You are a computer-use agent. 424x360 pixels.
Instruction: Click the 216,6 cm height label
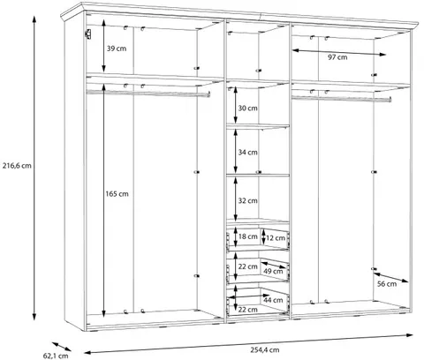[x=17, y=166]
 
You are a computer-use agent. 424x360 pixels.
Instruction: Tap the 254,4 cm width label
[x=265, y=350]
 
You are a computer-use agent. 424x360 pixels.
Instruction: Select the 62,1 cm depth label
[x=56, y=356]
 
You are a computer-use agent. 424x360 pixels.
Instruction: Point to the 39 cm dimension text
[x=117, y=49]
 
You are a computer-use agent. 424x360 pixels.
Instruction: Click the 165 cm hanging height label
[x=117, y=194]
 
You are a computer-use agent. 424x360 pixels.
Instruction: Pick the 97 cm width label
[x=337, y=57]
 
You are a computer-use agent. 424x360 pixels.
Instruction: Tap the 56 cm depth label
[x=387, y=284]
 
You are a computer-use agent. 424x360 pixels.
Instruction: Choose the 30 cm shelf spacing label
[x=247, y=109]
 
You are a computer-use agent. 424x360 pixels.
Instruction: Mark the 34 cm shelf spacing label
[x=247, y=153]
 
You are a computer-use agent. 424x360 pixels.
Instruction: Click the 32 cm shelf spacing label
[x=247, y=201]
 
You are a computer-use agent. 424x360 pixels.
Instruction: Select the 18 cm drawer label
[x=247, y=236]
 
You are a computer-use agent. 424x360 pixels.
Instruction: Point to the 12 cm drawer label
[x=276, y=238]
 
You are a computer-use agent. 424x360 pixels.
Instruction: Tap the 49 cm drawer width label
[x=273, y=271]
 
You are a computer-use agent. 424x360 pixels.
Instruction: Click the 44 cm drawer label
[x=273, y=300]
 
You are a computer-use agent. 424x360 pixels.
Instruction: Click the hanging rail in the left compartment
[x=148, y=94]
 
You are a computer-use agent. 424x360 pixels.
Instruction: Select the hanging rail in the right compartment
[x=342, y=99]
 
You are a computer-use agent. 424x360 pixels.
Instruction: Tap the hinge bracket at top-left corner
[x=87, y=34]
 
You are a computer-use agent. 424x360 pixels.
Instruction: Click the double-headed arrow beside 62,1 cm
[x=62, y=347]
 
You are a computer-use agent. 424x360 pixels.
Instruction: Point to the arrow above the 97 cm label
[x=339, y=52]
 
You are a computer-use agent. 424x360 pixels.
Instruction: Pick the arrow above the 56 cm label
[x=391, y=278]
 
